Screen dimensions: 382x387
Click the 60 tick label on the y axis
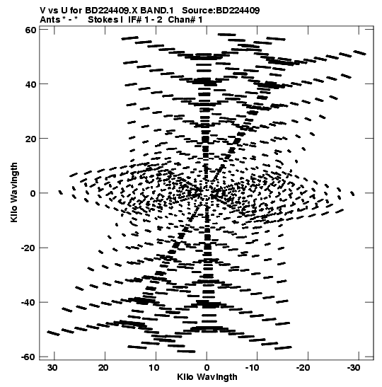[30, 30]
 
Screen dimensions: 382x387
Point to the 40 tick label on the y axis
[30, 84]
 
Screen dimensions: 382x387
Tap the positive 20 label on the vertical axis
[30, 139]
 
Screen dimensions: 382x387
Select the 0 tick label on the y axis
[33, 193]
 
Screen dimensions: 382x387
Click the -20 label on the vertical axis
[28, 248]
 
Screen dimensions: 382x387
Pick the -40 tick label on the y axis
[28, 302]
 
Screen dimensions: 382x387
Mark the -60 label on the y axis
[28, 357]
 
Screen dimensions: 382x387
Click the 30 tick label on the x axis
[53, 368]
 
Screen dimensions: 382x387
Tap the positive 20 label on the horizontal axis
[103, 368]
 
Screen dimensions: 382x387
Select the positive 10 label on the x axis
[154, 368]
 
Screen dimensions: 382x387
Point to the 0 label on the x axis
[207, 368]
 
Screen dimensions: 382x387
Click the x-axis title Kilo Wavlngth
[207, 377]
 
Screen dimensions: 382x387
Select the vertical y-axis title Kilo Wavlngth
[14, 192]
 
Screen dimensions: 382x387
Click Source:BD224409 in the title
[221, 11]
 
